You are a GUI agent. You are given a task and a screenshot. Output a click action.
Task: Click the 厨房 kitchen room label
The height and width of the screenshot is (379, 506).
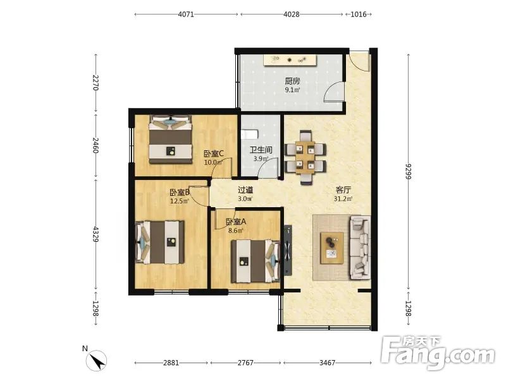[x=292, y=81]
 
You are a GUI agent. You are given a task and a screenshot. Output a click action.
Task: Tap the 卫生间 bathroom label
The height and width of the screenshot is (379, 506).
[x=261, y=150]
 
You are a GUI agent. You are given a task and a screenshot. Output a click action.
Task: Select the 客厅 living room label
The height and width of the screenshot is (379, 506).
[x=343, y=190]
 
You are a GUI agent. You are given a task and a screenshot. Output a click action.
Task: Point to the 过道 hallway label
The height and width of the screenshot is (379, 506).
[x=245, y=190]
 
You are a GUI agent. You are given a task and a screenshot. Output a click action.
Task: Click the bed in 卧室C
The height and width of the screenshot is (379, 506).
[x=170, y=139]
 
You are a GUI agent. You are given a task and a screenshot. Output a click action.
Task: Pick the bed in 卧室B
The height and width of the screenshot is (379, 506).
[x=160, y=242]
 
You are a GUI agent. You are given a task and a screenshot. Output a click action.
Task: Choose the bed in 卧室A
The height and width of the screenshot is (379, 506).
[x=256, y=261]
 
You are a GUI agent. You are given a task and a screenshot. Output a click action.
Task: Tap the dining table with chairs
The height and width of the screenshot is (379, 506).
[x=305, y=157]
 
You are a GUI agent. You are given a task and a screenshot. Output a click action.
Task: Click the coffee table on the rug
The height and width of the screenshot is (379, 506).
[x=331, y=248]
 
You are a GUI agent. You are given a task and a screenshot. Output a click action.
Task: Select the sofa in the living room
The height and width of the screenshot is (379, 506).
[x=359, y=248]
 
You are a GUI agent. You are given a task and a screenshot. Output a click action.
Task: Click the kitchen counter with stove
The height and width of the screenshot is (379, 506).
[x=290, y=60]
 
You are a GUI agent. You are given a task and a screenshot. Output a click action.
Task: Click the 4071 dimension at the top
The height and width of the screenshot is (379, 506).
[x=186, y=14]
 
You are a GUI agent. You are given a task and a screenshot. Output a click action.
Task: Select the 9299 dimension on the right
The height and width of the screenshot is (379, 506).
[x=409, y=171]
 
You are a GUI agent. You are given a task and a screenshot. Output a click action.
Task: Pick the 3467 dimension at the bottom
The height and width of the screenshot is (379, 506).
[x=327, y=363]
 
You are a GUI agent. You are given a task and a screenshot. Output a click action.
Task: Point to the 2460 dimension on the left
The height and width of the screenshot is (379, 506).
[x=96, y=145]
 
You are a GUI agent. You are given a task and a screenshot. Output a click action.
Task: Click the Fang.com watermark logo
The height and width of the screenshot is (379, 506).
[x=438, y=353]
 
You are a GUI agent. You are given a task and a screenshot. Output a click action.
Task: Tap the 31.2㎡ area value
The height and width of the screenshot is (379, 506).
[x=343, y=199]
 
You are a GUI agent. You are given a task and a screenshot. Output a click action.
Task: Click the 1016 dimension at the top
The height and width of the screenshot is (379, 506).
[x=359, y=14]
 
